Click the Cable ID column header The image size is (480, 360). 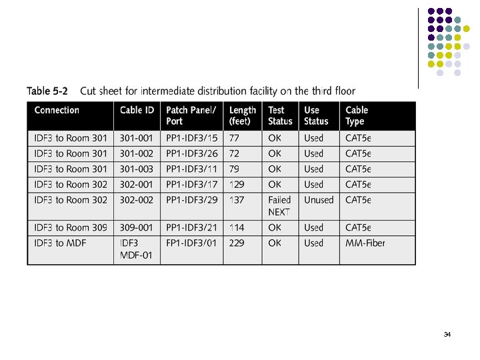click(137, 110)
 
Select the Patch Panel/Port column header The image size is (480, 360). click(191, 115)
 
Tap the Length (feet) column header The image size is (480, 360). click(242, 115)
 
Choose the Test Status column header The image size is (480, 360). click(280, 115)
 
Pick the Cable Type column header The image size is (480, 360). click(357, 115)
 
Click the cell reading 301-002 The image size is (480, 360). click(137, 153)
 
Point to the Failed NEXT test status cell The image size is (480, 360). click(279, 205)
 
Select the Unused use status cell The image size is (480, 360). click(319, 199)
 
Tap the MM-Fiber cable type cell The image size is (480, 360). click(365, 243)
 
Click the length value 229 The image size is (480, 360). click(237, 243)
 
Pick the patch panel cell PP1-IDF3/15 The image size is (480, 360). click(191, 138)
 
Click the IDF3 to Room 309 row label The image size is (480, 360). click(70, 227)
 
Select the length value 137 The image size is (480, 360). click(237, 199)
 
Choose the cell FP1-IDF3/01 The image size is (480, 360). click(191, 243)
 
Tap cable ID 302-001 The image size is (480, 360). click(137, 184)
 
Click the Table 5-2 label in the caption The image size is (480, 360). click(49, 91)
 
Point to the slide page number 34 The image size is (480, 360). click(447, 334)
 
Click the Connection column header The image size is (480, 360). click(57, 110)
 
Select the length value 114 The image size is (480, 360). click(237, 227)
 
